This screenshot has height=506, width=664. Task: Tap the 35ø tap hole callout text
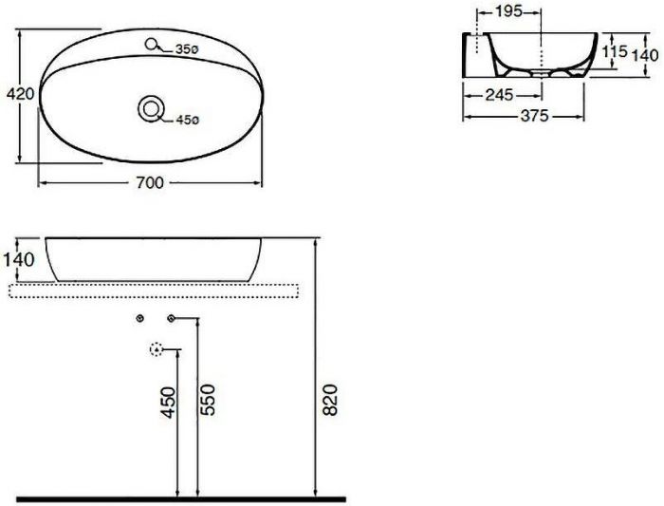click(185, 49)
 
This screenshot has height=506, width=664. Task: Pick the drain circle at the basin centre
click(150, 107)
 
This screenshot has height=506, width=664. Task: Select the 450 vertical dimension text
click(167, 402)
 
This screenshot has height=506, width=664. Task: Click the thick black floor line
click(180, 497)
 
